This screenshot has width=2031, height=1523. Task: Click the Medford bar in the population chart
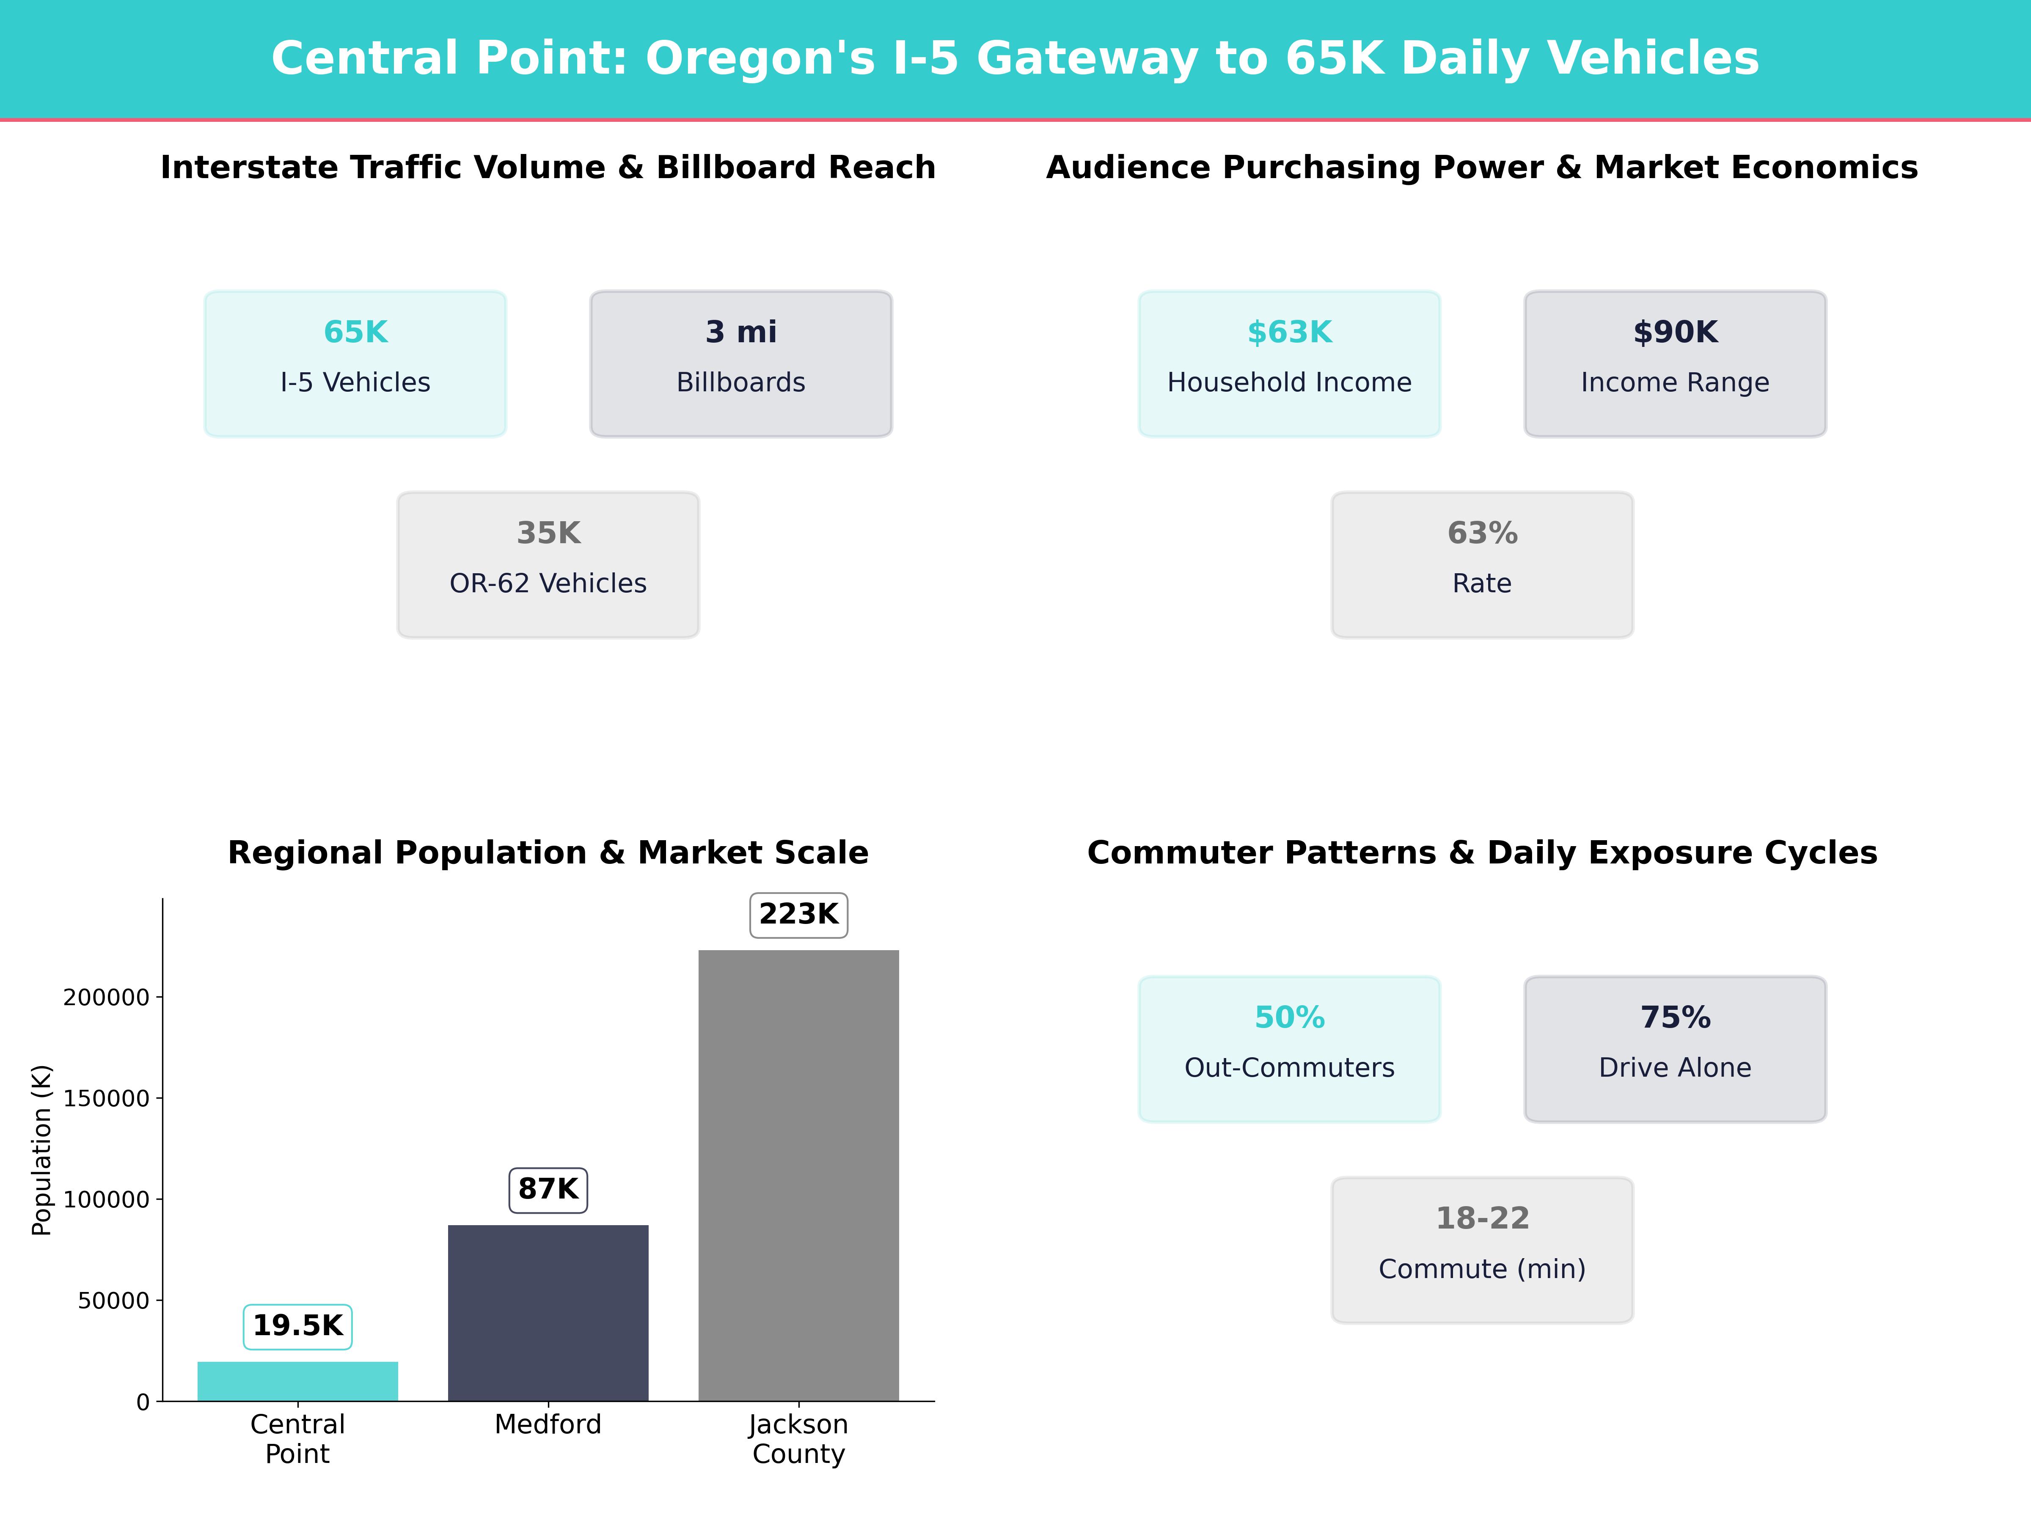pos(548,1313)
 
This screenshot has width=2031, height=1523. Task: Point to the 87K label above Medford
pos(548,1190)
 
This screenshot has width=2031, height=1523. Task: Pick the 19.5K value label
pos(297,1327)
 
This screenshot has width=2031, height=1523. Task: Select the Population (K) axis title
pos(41,1150)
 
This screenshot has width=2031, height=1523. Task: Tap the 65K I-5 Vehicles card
pos(355,363)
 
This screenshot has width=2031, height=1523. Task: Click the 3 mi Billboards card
pos(741,363)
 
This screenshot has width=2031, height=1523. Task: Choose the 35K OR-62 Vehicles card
pos(548,565)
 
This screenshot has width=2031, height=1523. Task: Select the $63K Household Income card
pos(1289,363)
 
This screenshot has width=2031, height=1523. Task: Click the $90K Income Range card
pos(1675,363)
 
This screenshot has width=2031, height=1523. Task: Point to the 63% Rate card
pos(1482,565)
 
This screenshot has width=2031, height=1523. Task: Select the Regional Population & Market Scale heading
pos(548,853)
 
